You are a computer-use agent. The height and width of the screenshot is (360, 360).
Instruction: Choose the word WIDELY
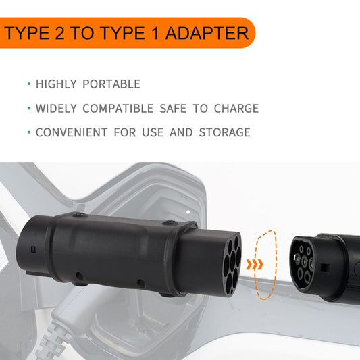56,109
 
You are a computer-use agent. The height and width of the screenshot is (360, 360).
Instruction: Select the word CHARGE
236,109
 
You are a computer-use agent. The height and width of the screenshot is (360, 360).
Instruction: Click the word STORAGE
224,132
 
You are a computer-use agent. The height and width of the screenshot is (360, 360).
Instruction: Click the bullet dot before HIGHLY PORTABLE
28,84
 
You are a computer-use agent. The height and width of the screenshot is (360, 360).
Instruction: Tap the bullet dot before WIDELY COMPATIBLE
28,109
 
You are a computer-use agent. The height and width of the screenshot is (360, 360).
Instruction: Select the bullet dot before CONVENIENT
28,132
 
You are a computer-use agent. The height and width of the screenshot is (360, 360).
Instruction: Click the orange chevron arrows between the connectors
254,263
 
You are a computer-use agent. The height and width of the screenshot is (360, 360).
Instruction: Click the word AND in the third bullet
181,132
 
